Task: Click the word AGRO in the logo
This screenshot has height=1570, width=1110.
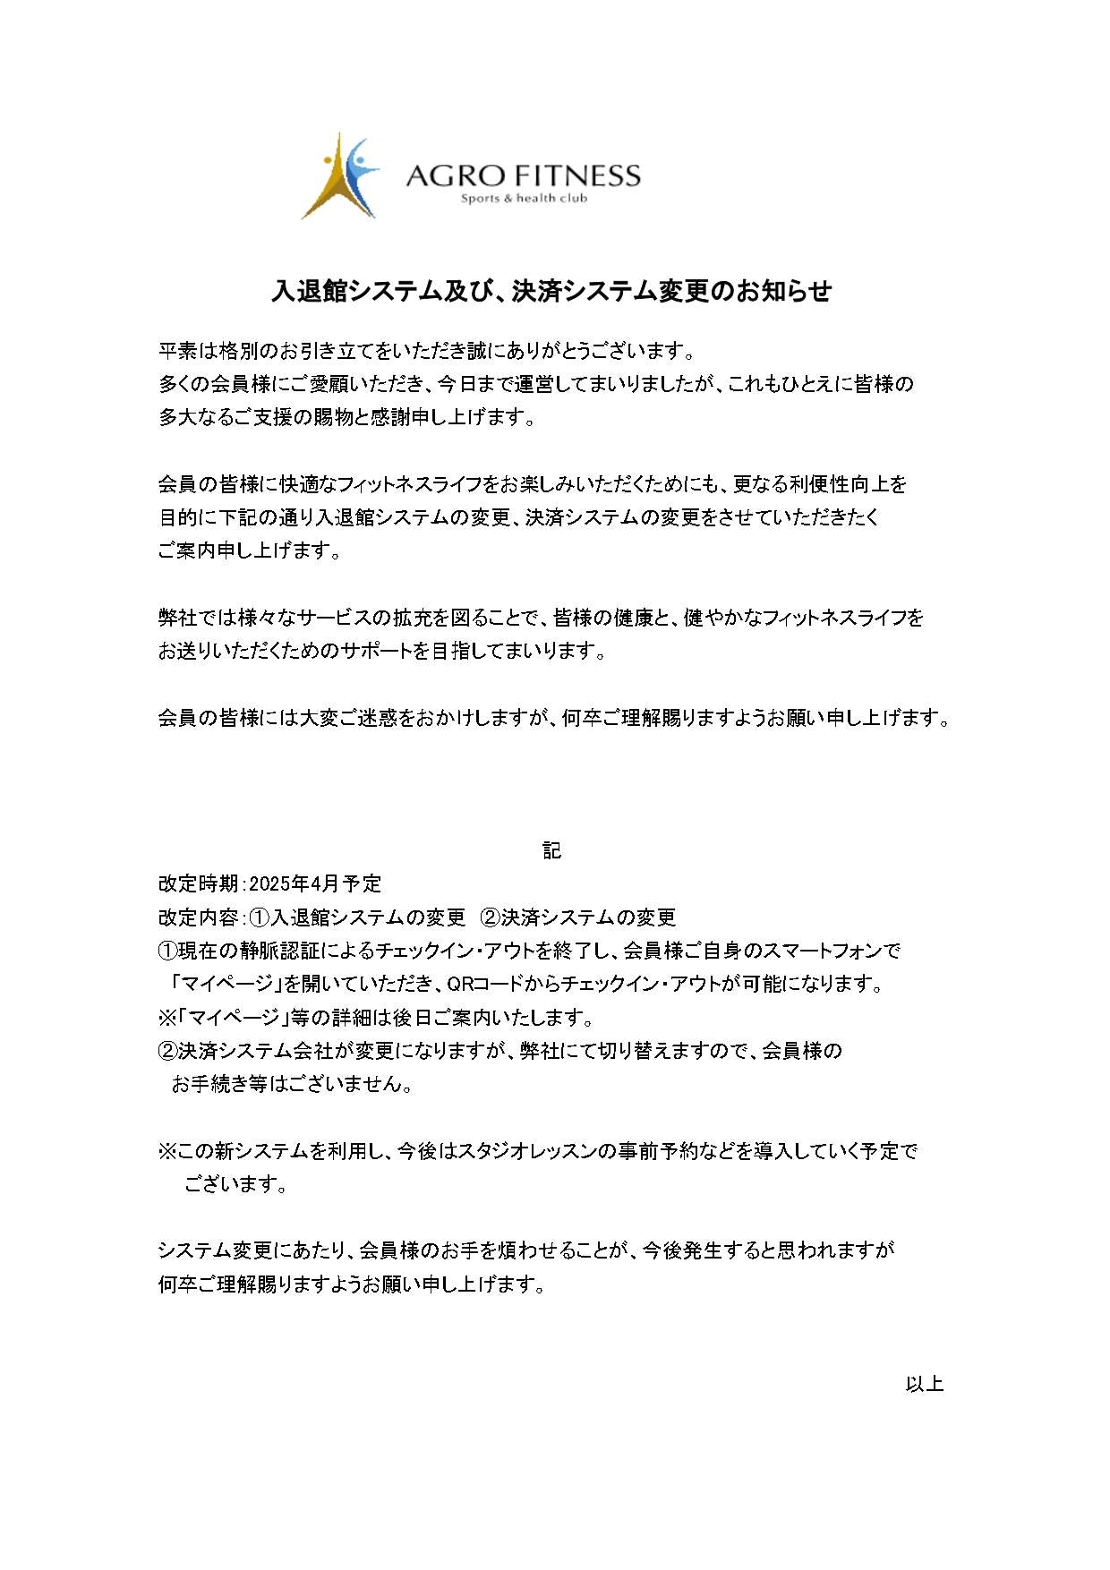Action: click(455, 175)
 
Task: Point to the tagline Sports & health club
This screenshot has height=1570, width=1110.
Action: click(524, 199)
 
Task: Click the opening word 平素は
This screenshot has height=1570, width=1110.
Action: click(188, 350)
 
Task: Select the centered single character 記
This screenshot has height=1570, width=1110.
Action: click(552, 850)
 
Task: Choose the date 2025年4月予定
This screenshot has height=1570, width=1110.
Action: click(315, 884)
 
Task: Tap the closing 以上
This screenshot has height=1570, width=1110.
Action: click(924, 1384)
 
